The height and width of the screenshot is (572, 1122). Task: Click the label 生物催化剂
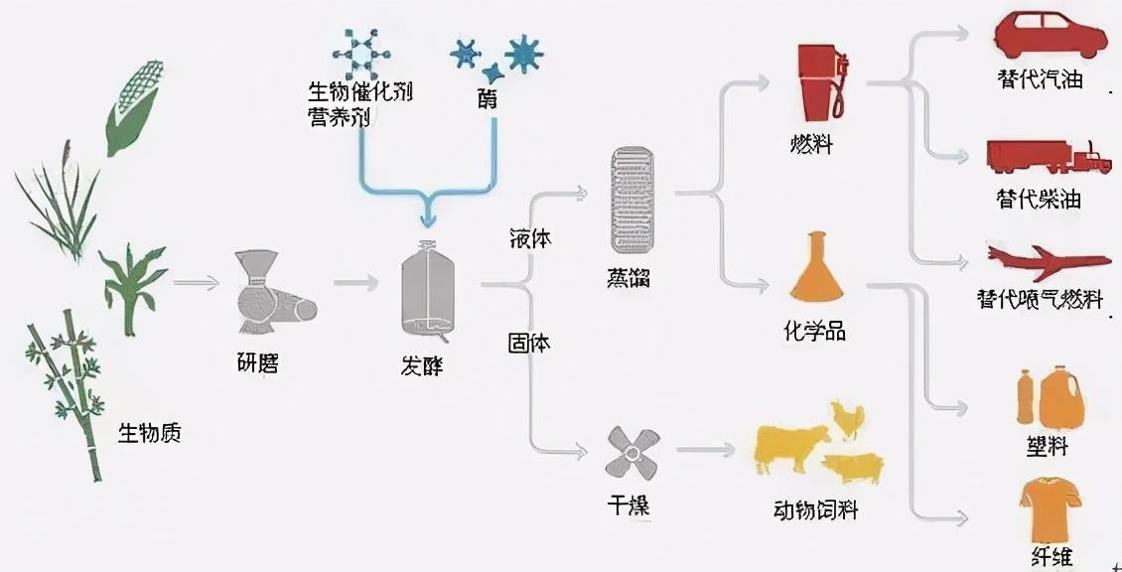359,92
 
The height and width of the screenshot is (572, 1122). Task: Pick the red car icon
1050,36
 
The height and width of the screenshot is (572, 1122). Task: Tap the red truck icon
1049,158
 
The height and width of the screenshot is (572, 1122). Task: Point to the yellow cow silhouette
791,448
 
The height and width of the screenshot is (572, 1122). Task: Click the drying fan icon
631,455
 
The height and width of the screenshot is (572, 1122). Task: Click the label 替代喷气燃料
1040,299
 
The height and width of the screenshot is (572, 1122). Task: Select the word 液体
530,239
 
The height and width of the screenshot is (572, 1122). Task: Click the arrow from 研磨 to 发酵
354,284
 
